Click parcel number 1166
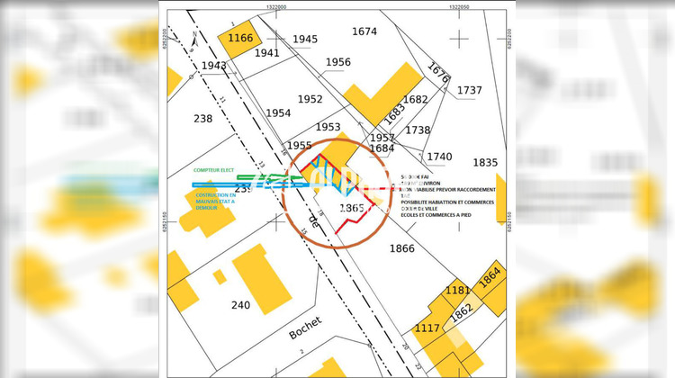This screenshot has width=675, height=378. [x=240, y=39]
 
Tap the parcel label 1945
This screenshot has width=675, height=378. [x=305, y=39]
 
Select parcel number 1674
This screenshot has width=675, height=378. [x=364, y=31]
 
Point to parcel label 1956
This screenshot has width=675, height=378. [x=337, y=62]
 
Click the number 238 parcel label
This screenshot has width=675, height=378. [x=202, y=118]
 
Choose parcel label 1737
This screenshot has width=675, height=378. [x=469, y=90]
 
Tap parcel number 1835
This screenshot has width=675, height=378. [x=485, y=162]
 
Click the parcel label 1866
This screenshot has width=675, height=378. [x=401, y=247]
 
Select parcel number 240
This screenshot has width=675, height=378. [x=240, y=305]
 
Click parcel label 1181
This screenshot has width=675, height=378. [x=458, y=291]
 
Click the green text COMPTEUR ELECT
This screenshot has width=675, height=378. [x=213, y=169]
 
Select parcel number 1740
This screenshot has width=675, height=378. [x=439, y=157]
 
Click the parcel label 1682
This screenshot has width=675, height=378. [x=415, y=100]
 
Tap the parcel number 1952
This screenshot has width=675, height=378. [x=310, y=99]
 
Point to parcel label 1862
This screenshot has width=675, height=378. [x=462, y=311]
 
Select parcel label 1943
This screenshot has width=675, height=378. [x=214, y=66]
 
